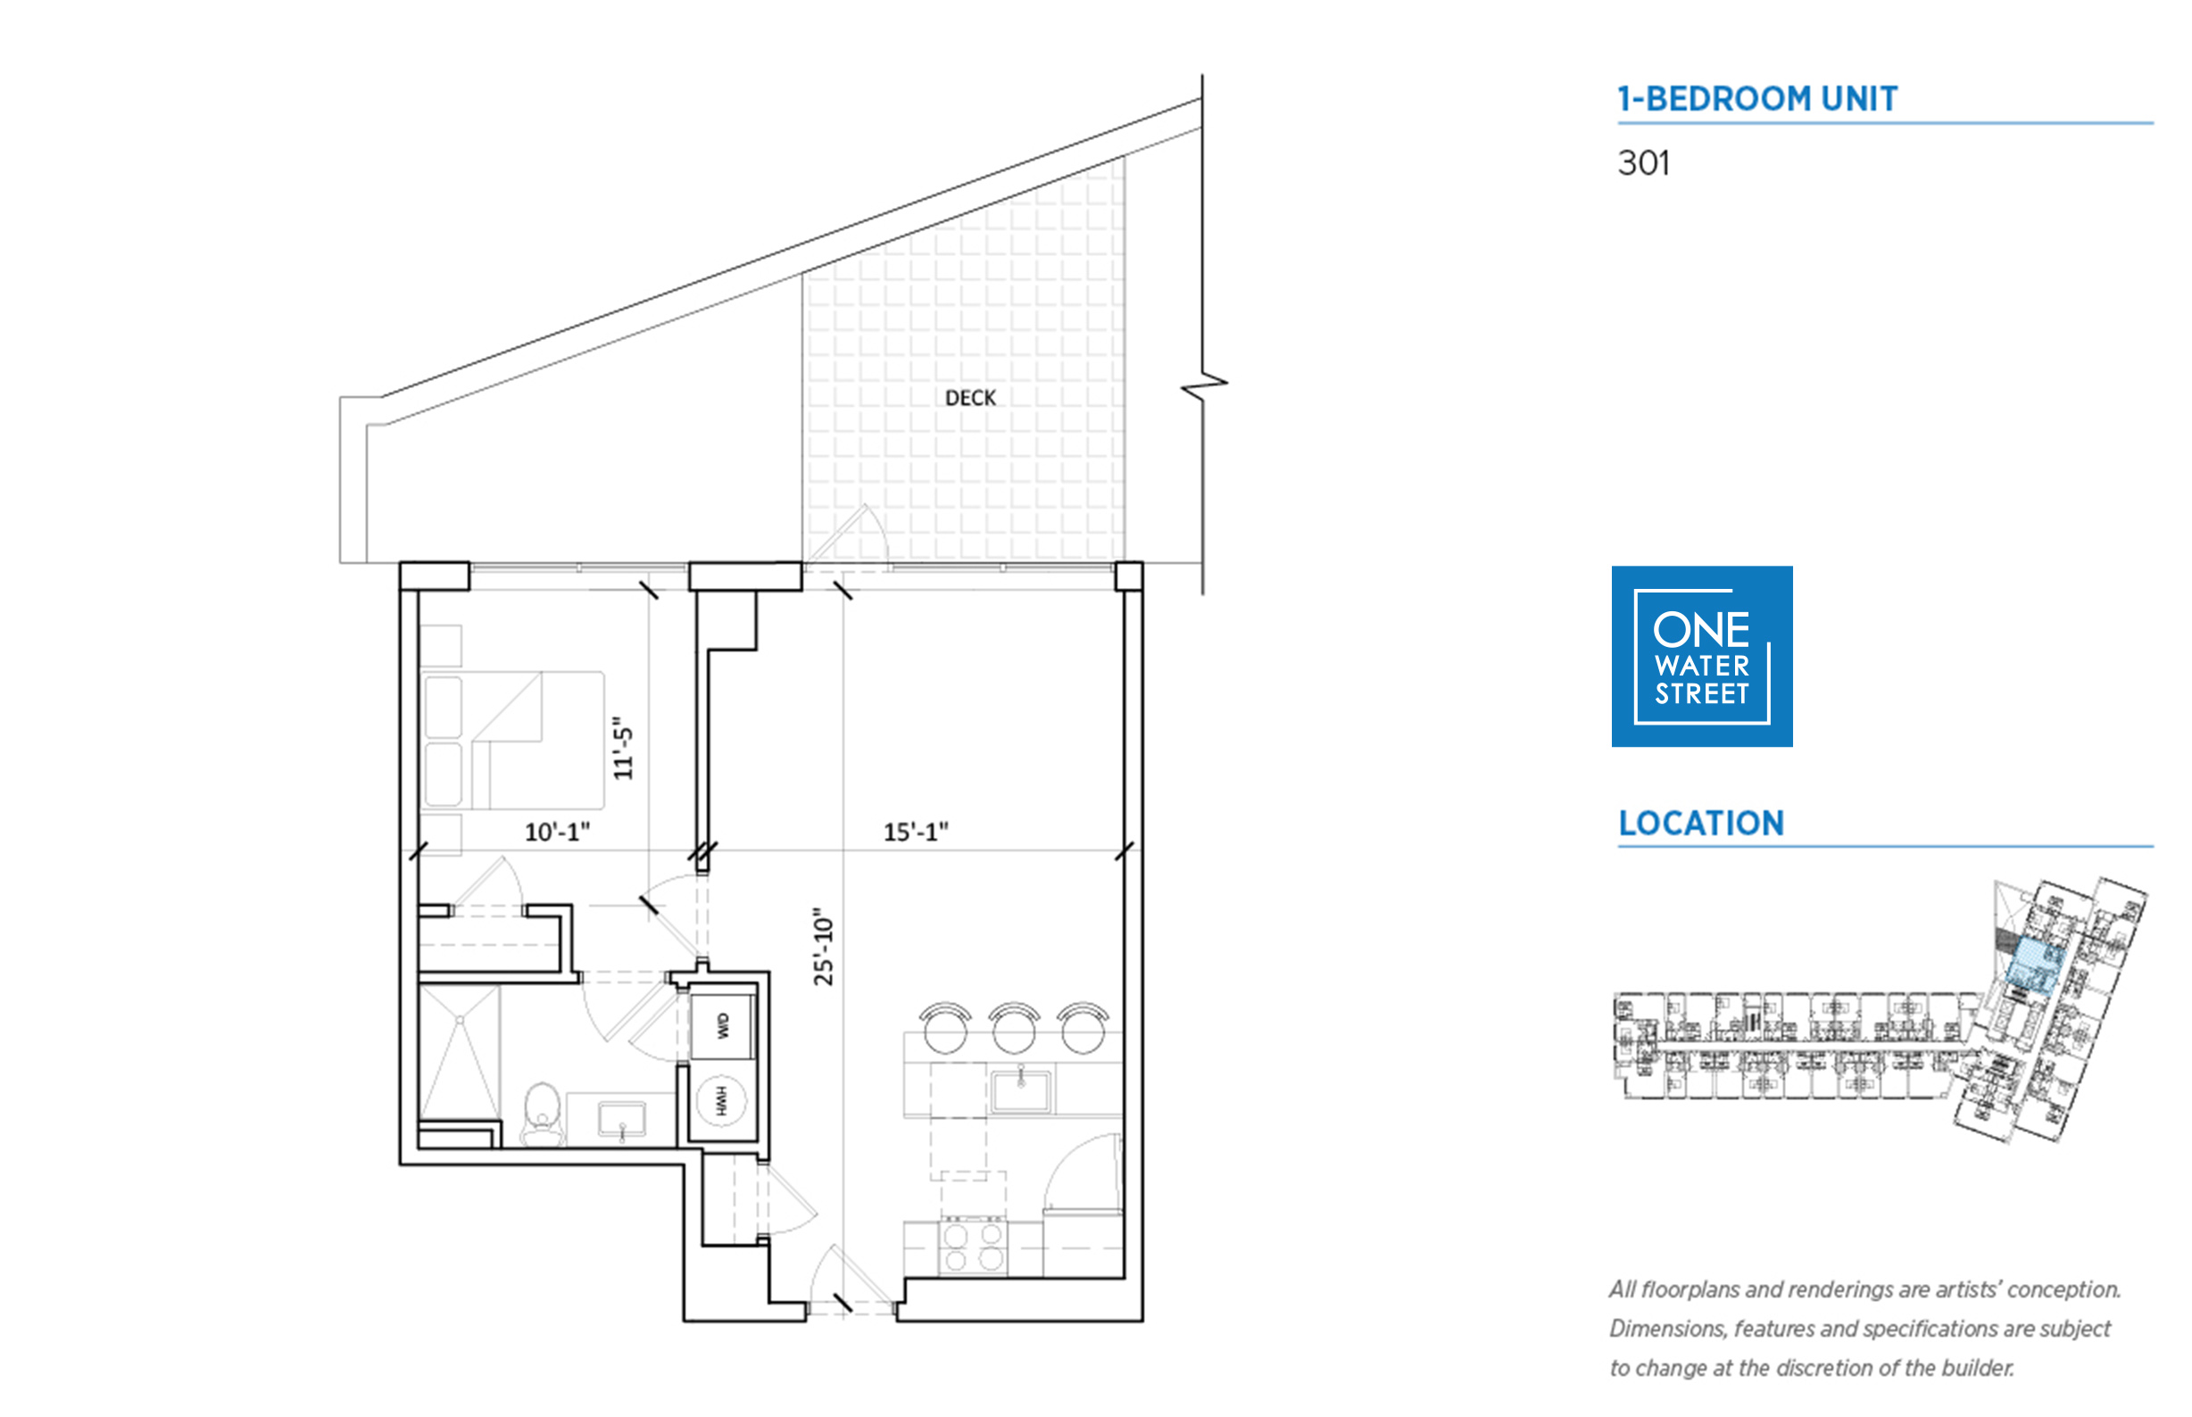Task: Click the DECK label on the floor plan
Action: (x=970, y=397)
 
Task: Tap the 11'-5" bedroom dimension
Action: (x=624, y=747)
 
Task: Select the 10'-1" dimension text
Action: (x=557, y=831)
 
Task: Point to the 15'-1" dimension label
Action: (x=916, y=831)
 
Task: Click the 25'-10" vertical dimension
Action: (x=823, y=946)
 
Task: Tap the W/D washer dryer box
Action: (x=721, y=1025)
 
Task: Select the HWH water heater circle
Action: (x=721, y=1100)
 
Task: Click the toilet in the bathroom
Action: (x=543, y=1115)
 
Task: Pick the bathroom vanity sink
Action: (x=622, y=1120)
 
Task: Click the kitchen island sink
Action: (x=1021, y=1091)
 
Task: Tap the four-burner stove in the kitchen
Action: (x=973, y=1247)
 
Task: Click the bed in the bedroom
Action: (x=511, y=740)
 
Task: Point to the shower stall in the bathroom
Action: (x=460, y=1053)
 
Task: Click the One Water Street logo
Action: (x=1701, y=656)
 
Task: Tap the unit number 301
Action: (x=1643, y=163)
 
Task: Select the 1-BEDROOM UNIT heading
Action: (x=1756, y=98)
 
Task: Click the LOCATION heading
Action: (x=1700, y=823)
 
